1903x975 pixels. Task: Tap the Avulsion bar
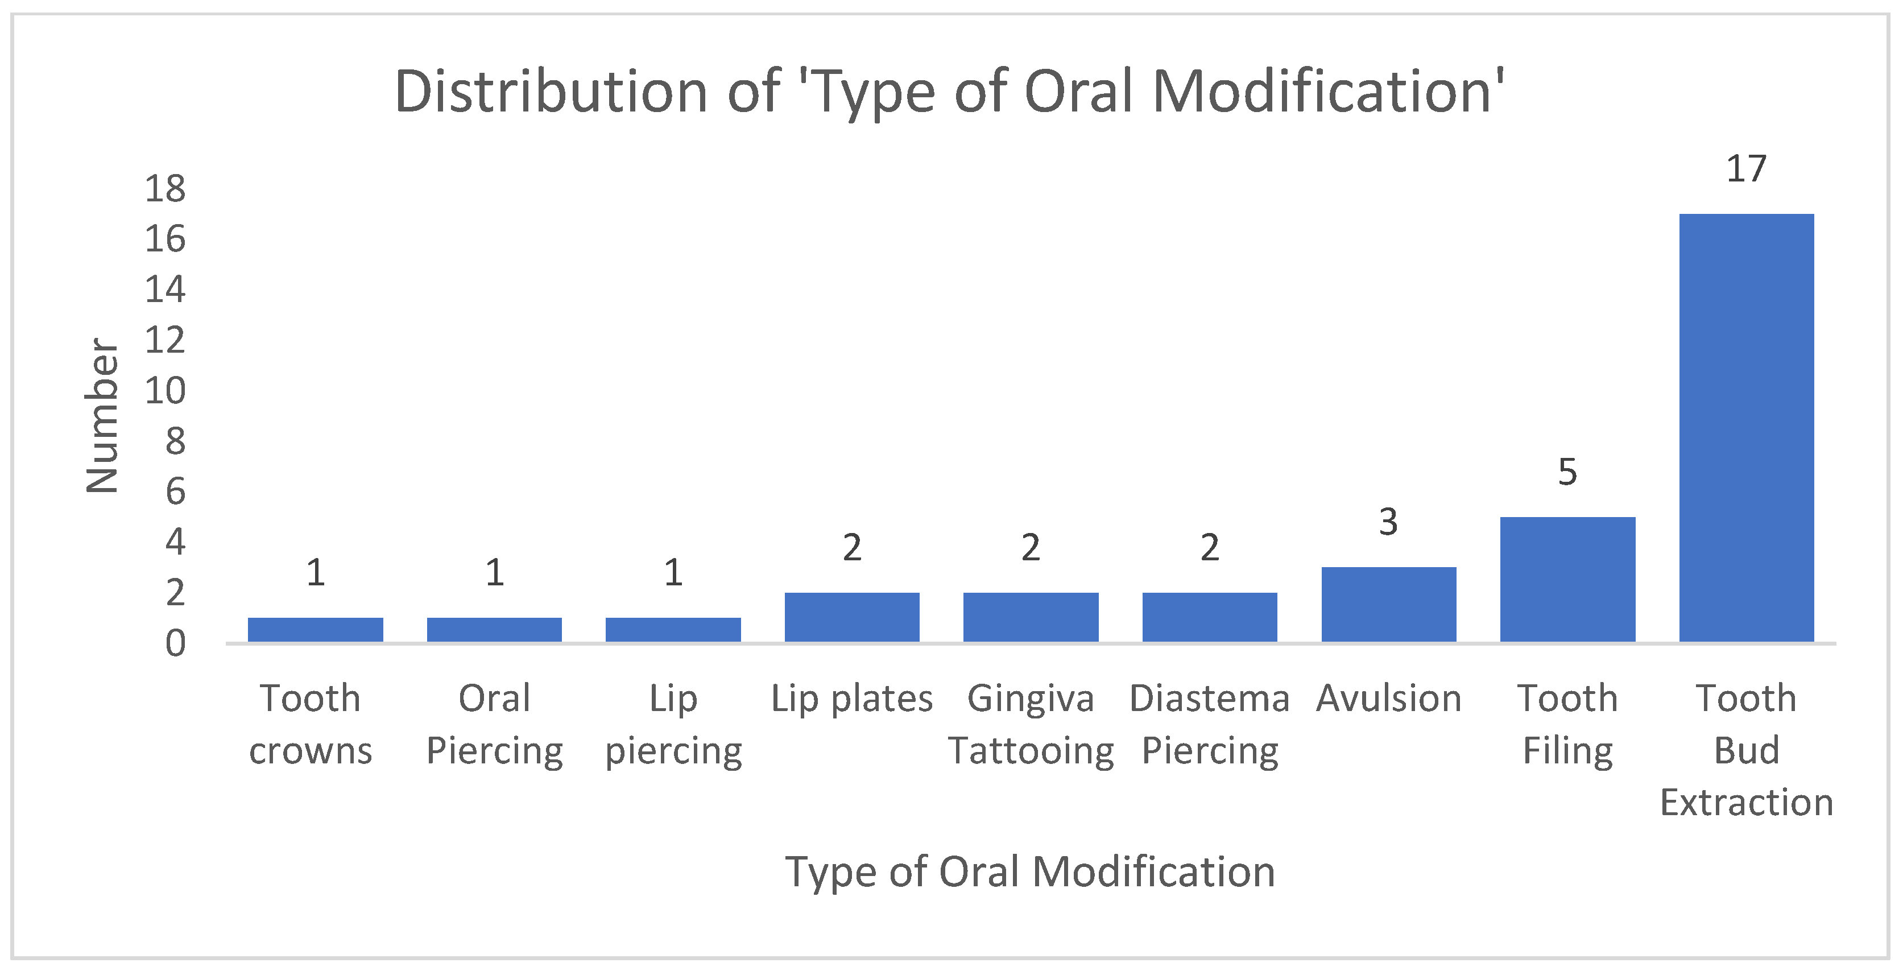coord(1388,604)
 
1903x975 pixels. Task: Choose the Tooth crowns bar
coord(316,629)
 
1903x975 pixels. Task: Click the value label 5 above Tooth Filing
coord(1567,472)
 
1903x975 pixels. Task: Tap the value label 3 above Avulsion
coord(1388,522)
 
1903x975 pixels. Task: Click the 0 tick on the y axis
coord(175,643)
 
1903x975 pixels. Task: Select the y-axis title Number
coord(102,415)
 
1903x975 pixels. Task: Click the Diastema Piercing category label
coord(1209,724)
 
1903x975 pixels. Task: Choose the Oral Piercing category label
coord(494,724)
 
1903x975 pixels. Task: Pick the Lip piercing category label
coord(673,724)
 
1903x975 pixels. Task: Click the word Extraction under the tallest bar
coord(1747,802)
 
